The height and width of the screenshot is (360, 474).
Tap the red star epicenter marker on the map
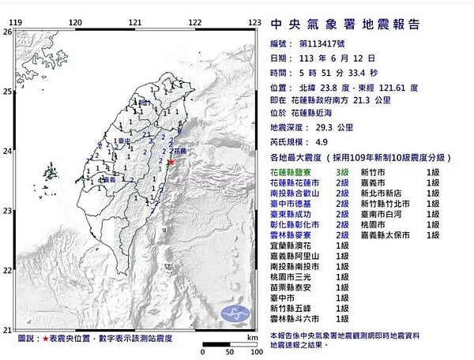pos(171,163)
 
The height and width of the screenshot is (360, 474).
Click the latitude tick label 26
pos(7,32)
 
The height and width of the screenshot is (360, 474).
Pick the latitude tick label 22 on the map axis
pos(7,270)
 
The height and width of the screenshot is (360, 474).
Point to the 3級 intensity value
pos(342,171)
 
